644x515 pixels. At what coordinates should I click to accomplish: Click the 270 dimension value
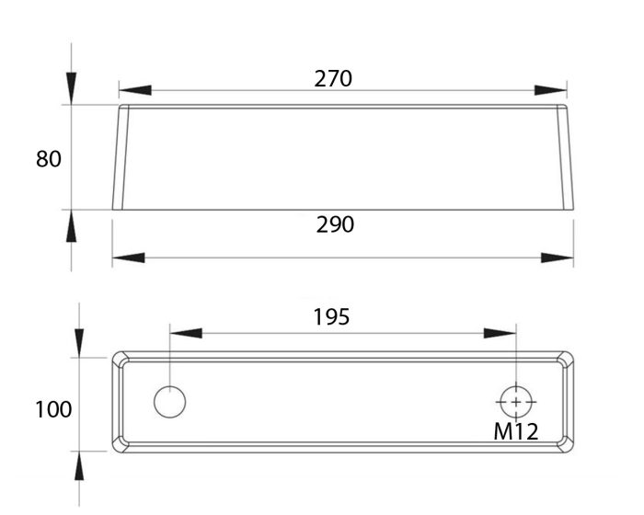(333, 78)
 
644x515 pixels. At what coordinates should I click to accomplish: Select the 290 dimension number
(335, 223)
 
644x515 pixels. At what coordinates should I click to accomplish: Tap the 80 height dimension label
(49, 159)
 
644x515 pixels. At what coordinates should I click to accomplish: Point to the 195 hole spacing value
(331, 317)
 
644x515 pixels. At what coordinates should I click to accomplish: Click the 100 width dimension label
(53, 409)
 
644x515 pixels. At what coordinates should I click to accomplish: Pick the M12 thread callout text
(515, 430)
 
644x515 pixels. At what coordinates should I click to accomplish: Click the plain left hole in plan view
(169, 402)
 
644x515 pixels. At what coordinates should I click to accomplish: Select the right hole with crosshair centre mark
(515, 402)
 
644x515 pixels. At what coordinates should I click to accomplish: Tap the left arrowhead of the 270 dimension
(134, 90)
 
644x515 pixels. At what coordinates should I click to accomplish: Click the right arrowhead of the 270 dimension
(551, 90)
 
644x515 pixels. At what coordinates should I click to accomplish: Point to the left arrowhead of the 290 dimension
(128, 258)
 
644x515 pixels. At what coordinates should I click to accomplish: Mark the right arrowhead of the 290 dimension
(558, 258)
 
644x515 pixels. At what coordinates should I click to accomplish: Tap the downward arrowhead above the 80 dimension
(72, 89)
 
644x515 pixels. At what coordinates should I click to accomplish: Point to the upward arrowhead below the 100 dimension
(79, 468)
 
